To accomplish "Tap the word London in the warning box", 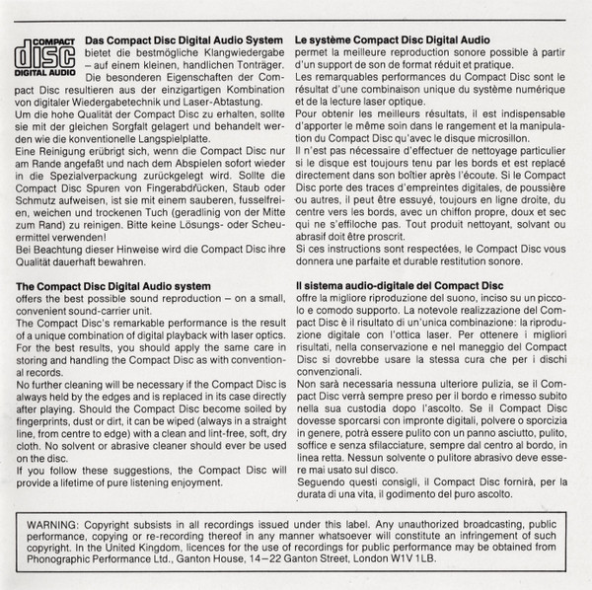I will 408,565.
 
